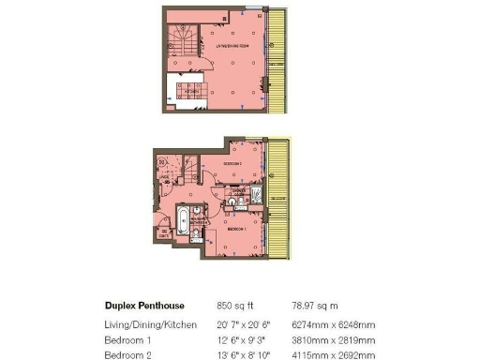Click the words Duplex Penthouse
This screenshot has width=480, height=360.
click(x=144, y=306)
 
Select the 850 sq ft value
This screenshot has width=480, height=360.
click(x=235, y=306)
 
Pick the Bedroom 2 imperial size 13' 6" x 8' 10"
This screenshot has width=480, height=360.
click(x=242, y=355)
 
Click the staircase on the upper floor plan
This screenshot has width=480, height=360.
click(x=180, y=42)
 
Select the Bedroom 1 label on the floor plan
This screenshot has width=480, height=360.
click(x=236, y=228)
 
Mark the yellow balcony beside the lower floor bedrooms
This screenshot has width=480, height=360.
click(x=278, y=199)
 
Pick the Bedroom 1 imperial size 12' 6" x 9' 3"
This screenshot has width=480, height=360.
click(x=241, y=339)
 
